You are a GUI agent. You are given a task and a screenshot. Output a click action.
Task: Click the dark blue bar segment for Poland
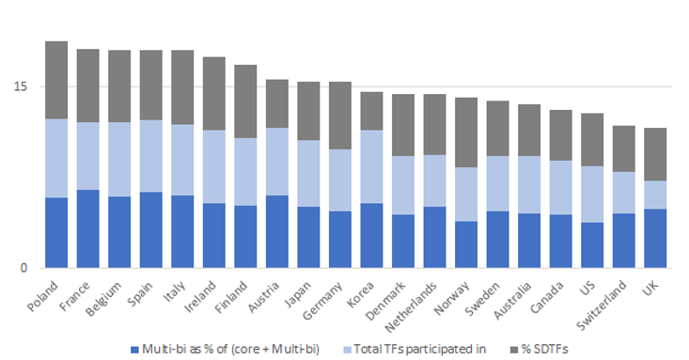(x=56, y=232)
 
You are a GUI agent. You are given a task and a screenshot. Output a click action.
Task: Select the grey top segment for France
(x=88, y=86)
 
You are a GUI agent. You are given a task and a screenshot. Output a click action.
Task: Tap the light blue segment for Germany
(x=340, y=180)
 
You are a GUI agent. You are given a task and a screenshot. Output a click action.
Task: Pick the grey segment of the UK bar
(x=656, y=154)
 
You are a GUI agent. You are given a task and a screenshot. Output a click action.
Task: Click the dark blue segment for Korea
(x=372, y=235)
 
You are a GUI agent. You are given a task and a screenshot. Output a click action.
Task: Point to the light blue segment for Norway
(x=467, y=195)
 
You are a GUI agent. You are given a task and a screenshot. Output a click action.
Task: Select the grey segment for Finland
(x=246, y=102)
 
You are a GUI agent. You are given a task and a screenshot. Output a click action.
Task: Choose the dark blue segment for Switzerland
(x=625, y=240)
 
